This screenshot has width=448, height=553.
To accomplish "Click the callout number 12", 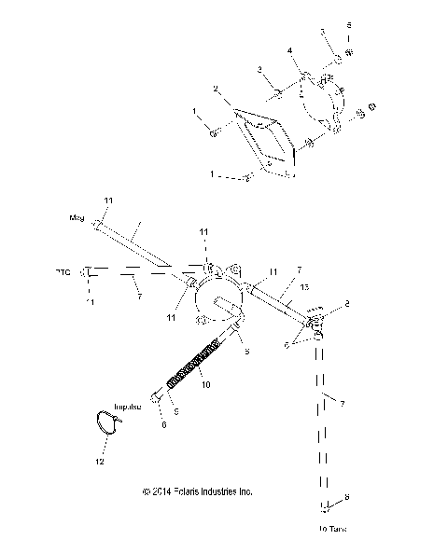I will [100, 462].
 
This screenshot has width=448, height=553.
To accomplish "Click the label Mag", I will [77, 217].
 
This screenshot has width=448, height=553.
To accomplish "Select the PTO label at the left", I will [62, 272].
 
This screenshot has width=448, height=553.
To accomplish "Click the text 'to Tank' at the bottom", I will [326, 529].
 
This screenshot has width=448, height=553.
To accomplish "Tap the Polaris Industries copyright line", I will [197, 491].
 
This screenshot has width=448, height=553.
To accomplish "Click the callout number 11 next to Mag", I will [107, 201].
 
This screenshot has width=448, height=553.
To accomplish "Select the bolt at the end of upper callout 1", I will [214, 134].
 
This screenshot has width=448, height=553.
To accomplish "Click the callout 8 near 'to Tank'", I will [347, 499].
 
